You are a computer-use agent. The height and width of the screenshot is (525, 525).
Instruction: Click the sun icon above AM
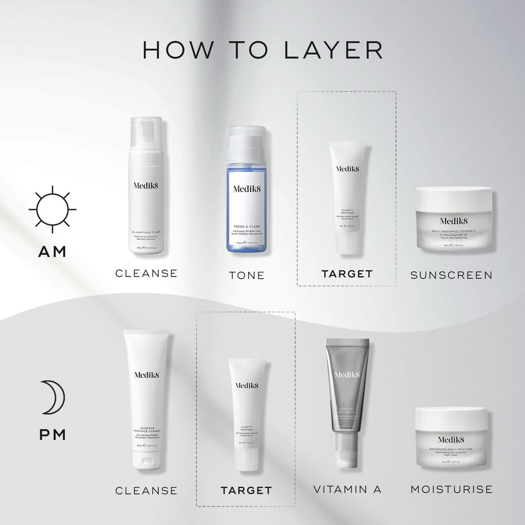52,210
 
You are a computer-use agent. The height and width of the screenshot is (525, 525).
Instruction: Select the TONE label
247,275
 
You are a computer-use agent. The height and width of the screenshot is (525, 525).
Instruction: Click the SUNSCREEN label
451,275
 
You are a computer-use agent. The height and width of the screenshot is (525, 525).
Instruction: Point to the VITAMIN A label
348,489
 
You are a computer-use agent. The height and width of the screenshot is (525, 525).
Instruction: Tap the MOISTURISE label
451,489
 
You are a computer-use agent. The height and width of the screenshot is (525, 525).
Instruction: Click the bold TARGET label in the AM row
347,274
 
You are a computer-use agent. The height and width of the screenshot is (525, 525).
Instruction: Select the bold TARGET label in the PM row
246,491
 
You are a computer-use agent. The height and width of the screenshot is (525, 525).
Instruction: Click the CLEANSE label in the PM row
146,491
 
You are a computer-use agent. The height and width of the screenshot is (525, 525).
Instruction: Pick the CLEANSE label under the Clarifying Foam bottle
146,273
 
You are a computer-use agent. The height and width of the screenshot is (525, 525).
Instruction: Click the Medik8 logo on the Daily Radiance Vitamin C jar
453,221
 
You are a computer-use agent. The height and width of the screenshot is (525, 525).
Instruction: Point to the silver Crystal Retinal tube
348,390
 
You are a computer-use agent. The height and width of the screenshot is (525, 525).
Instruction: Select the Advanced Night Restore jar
451,437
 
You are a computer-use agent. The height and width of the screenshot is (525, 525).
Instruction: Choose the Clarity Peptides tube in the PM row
247,410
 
